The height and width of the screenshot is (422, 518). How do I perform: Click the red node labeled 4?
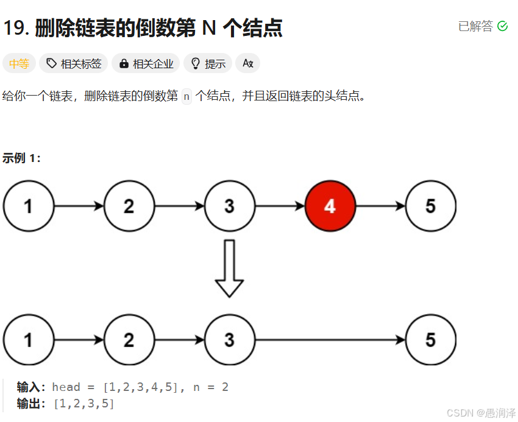[330, 206]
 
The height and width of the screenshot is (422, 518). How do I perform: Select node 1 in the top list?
[29, 206]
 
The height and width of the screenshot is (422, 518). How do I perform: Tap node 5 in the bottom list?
[430, 340]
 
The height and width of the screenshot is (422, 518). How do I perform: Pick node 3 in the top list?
[229, 206]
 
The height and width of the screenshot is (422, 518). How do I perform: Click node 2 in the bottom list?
[129, 340]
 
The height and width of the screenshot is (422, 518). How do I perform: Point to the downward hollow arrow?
[229, 268]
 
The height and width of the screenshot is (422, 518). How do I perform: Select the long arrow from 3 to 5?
[330, 340]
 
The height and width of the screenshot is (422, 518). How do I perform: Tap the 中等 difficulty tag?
[19, 63]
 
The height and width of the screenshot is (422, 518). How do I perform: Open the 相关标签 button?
[74, 63]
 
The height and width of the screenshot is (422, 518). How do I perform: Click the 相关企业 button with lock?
[146, 63]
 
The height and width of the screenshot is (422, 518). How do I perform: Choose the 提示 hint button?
[208, 63]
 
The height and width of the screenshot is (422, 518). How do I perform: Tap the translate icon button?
[247, 63]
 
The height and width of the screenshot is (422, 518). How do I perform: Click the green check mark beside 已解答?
[503, 26]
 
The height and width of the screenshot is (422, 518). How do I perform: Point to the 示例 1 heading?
[22, 158]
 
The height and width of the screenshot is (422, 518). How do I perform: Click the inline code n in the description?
[186, 96]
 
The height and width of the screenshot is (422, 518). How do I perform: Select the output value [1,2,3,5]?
[84, 403]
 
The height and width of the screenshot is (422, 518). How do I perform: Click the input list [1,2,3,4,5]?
[141, 387]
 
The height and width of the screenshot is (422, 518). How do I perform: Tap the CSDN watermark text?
[481, 413]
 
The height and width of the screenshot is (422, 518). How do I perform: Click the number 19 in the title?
[15, 28]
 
